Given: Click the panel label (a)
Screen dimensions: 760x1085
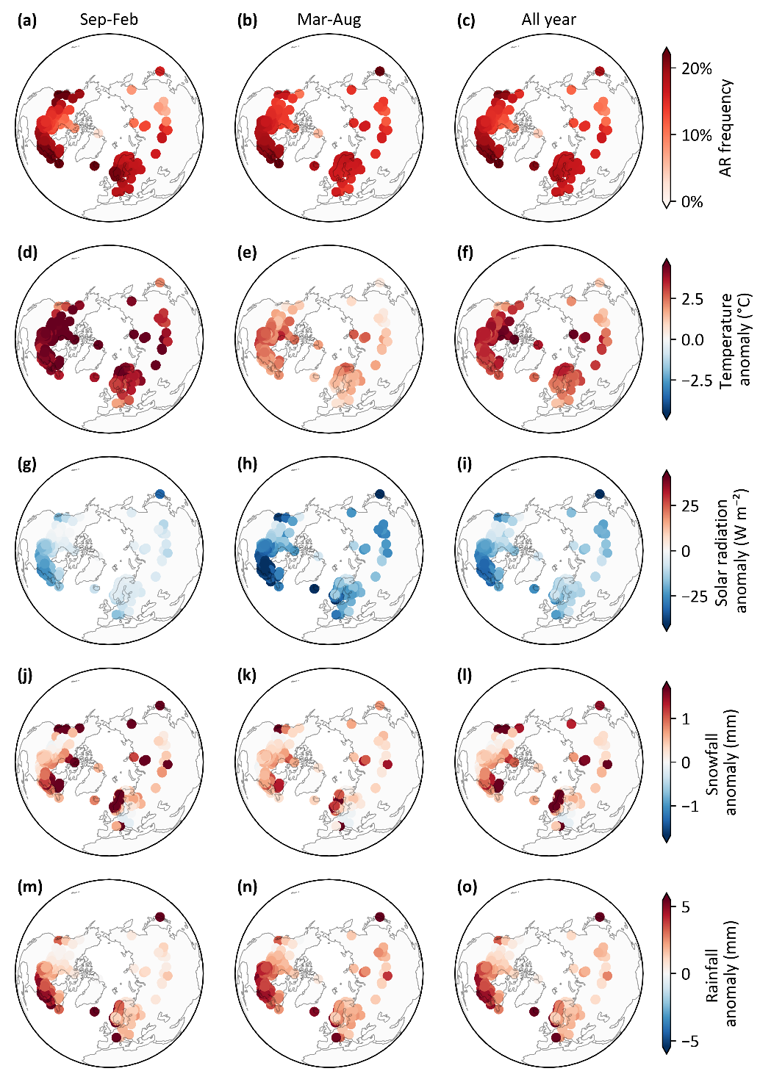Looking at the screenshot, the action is pos(26,21).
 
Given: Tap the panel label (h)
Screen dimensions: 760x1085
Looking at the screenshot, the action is pos(247,464).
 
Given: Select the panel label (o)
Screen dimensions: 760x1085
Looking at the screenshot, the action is pos(467,887).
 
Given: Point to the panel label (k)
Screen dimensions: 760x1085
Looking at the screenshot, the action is pos(247,675).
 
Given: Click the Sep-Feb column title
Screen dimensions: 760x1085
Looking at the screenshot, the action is pos(109,20).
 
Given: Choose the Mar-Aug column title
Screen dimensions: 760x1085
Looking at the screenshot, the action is pos(329,20).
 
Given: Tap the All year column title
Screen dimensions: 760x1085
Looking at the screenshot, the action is pos(548,20).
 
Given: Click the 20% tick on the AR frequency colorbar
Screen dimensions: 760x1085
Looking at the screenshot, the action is pos(697,69).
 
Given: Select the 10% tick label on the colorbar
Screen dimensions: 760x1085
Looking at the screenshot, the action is pos(697,135).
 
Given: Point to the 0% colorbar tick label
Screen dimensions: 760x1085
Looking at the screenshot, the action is pos(692,201).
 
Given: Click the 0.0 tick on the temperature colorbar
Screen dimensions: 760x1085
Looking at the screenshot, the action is pos(692,339).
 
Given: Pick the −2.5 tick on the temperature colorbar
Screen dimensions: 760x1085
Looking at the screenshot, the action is pos(697,381).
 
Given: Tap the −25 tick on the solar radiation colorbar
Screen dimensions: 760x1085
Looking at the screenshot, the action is pos(695,596).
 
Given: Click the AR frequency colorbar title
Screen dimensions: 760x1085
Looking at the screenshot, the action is pos(725,128).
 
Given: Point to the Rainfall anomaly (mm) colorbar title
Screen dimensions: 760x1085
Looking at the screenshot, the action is pos(727,973).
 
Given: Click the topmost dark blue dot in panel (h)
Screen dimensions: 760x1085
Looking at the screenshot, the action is pos(379,494).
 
